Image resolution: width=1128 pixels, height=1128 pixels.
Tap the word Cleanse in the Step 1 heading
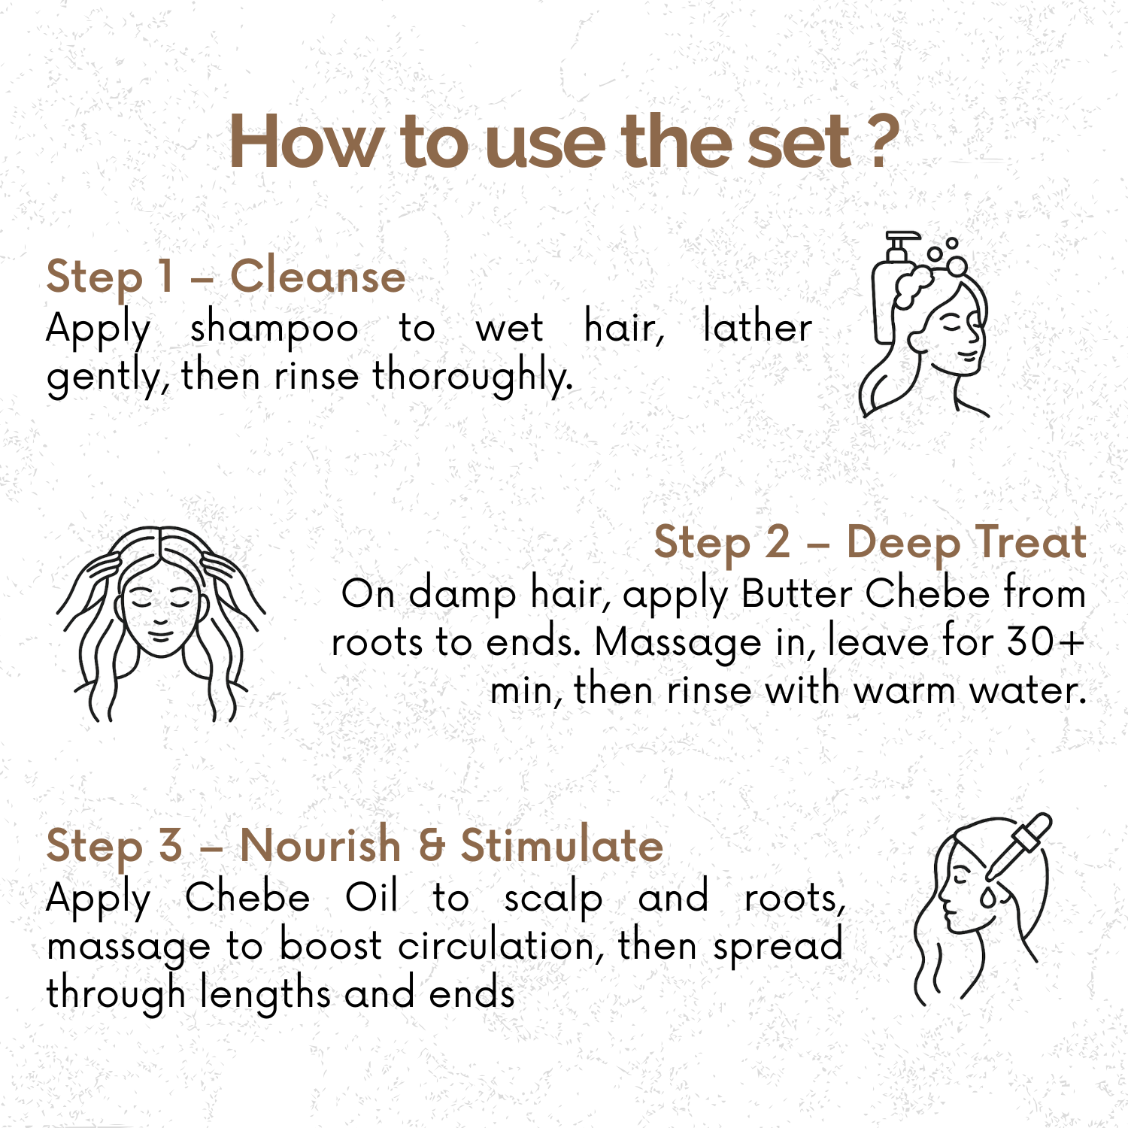pos(317,276)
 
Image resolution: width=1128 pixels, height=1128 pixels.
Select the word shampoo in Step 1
pos(274,329)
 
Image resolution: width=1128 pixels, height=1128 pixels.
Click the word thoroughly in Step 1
pos(472,377)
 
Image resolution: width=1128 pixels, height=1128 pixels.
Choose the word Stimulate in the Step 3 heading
pos(562,844)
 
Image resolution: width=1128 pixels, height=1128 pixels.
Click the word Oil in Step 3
pos(371,897)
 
